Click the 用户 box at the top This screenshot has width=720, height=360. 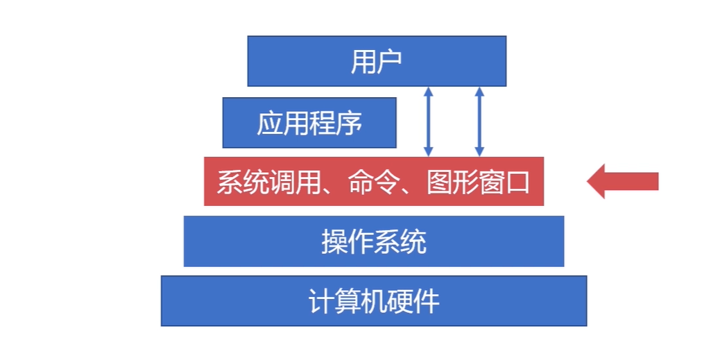click(377, 61)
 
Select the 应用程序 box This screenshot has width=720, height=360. click(309, 123)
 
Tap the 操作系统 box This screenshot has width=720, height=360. click(373, 241)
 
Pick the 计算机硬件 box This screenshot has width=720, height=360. click(373, 301)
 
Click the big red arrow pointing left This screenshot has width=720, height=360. click(623, 182)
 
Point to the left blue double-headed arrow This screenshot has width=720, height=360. click(428, 121)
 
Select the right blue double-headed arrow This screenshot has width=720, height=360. click(479, 121)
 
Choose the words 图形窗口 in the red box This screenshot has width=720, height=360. click(479, 182)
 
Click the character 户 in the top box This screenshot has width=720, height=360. click(390, 62)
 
